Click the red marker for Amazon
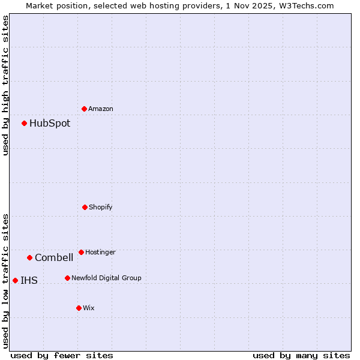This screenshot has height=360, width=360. [84, 109]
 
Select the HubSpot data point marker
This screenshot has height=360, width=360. [24, 123]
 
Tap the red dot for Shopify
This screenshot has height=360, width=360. [85, 207]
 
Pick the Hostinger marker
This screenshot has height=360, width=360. [81, 252]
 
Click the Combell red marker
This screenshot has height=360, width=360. [29, 257]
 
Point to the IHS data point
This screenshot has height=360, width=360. [15, 280]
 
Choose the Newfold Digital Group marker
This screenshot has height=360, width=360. [67, 278]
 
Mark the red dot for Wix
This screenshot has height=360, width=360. [79, 308]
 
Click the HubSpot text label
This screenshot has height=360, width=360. [50, 124]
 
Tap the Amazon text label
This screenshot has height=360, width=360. [101, 109]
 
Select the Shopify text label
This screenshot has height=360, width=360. [101, 208]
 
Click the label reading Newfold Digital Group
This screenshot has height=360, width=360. [107, 278]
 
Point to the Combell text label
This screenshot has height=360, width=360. [54, 258]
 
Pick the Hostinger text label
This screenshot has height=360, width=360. [100, 253]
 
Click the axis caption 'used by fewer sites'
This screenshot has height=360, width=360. [62, 355]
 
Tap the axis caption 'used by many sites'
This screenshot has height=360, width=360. [301, 355]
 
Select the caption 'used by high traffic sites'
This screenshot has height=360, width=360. [5, 85]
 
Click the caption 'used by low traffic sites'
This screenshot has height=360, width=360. [5, 281]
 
